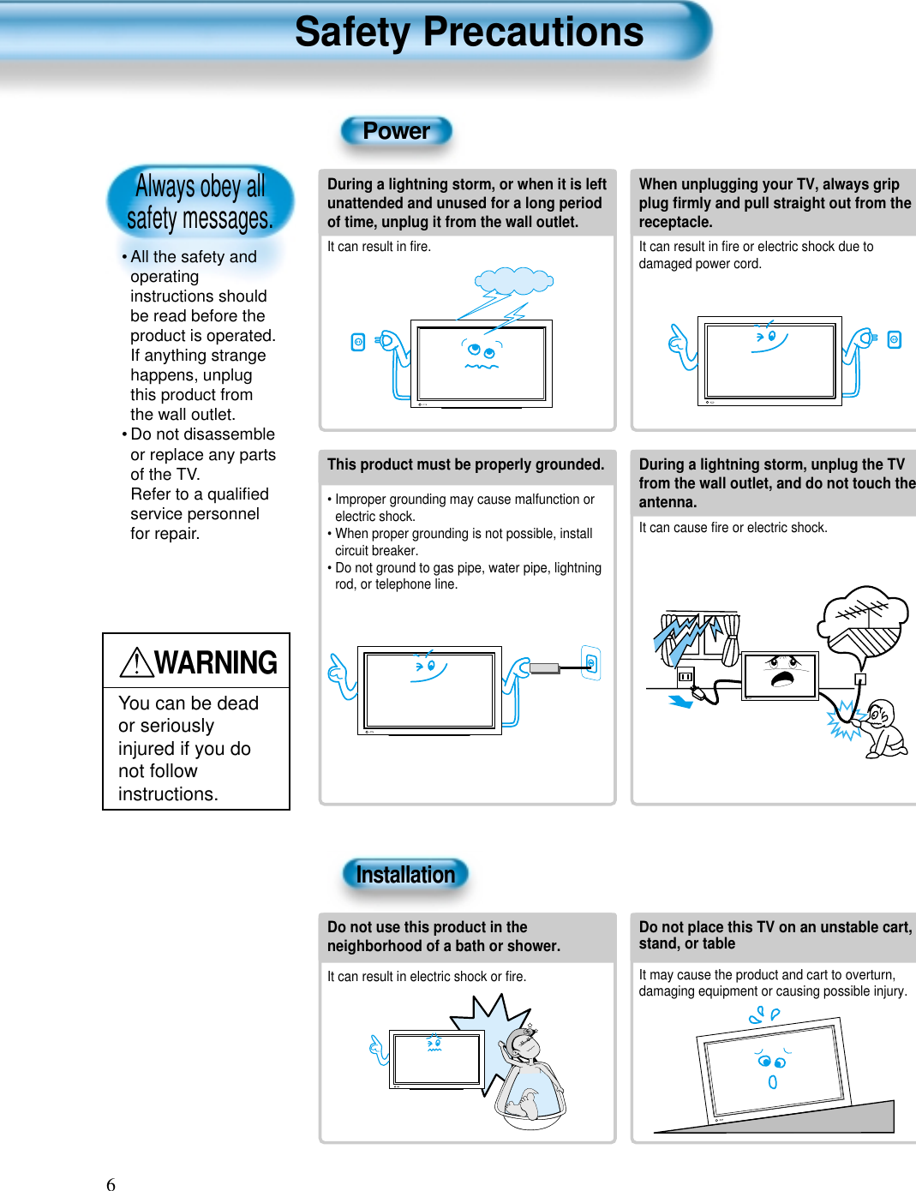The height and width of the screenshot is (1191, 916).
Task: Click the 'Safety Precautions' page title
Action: point(469,33)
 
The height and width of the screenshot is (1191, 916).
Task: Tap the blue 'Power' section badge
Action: point(396,131)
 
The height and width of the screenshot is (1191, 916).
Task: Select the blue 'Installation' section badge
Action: point(405,875)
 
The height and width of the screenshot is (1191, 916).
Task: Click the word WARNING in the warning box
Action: point(216,662)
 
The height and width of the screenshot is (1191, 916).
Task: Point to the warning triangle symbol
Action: point(136,662)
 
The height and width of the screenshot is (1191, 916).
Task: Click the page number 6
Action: point(111,1184)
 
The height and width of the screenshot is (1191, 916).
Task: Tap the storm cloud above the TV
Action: point(514,280)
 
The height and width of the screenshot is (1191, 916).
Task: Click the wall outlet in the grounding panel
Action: point(590,662)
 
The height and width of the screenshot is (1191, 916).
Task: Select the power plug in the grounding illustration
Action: point(544,667)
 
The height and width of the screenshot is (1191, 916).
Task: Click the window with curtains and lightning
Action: point(696,637)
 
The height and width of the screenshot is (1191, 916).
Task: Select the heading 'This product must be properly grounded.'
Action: point(465,464)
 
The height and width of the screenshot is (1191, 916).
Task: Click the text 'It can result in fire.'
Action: point(379,247)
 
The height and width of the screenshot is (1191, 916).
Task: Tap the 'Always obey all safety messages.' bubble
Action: point(200,202)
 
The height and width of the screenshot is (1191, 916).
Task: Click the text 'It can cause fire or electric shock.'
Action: point(733,528)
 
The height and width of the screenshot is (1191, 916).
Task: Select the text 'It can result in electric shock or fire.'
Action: point(427,977)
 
